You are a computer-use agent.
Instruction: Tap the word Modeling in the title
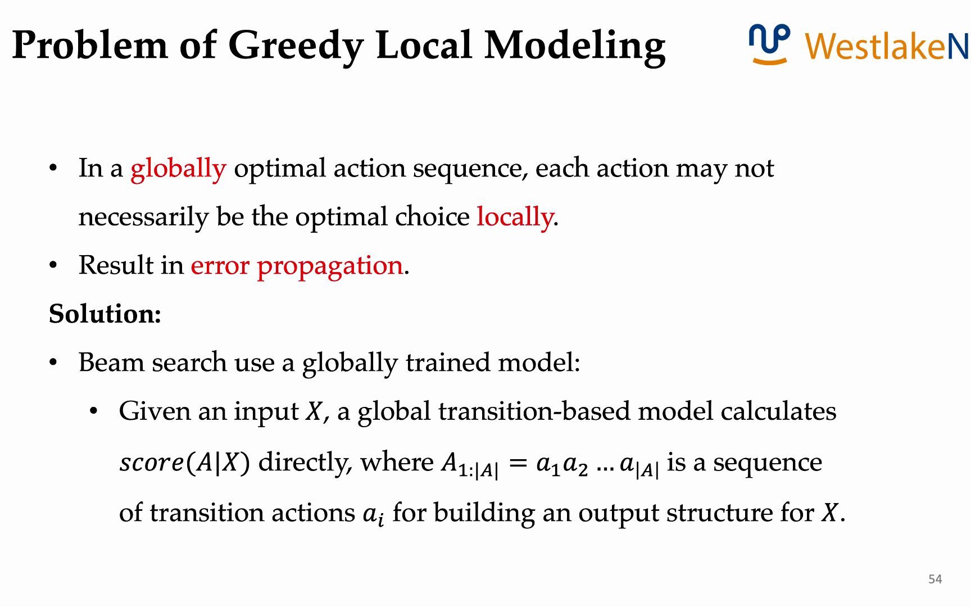[x=575, y=46]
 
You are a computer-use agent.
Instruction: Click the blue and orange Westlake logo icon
[x=769, y=44]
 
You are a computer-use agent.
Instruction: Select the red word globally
[x=178, y=169]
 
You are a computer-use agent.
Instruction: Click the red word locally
[x=515, y=217]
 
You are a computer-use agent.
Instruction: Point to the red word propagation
[x=330, y=266]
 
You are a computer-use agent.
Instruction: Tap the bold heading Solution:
[x=105, y=314]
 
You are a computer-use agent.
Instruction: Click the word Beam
[x=112, y=363]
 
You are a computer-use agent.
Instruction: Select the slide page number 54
[x=935, y=579]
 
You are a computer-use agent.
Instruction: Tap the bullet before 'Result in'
[x=53, y=265]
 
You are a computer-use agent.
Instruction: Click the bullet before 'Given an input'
[x=94, y=411]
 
